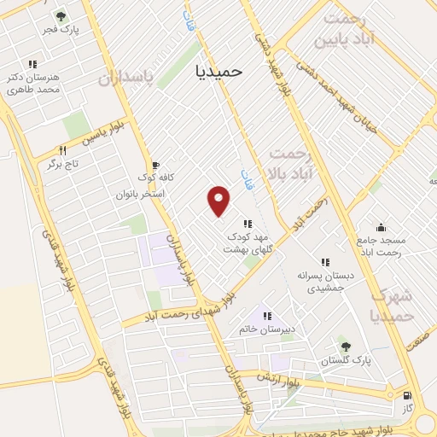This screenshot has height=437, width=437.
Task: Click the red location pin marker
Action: (x=219, y=200)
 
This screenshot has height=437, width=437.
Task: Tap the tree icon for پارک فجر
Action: (x=60, y=16)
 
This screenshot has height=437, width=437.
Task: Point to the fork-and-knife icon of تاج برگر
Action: (x=61, y=149)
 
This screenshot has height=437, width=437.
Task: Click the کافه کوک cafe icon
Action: (x=154, y=166)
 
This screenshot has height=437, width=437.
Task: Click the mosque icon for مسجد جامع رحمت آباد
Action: (x=380, y=228)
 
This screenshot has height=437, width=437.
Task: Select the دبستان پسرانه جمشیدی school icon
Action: (x=324, y=262)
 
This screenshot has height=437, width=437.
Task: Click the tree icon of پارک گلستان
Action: (x=346, y=346)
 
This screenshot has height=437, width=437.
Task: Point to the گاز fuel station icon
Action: (x=407, y=396)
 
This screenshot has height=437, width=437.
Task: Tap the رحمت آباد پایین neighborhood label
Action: (x=344, y=29)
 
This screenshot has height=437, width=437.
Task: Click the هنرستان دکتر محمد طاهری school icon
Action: (x=32, y=64)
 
